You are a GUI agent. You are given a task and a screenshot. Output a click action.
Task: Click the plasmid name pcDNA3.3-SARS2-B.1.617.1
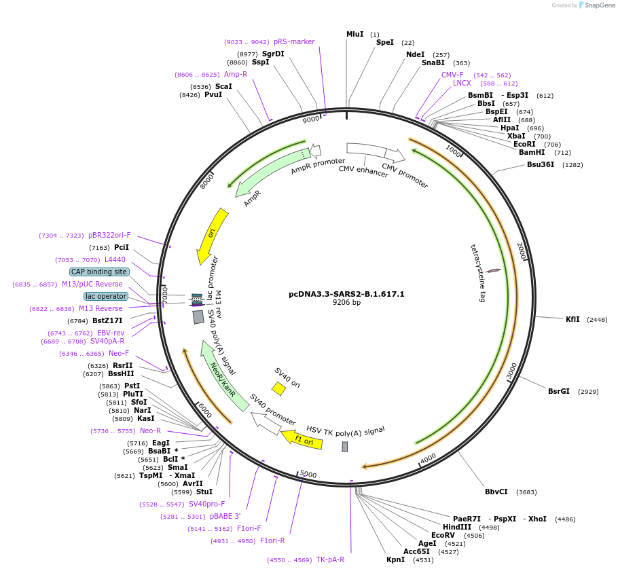346,294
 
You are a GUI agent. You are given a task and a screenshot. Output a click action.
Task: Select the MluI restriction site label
355,34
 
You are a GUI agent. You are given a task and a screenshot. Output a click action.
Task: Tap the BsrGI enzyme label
559,391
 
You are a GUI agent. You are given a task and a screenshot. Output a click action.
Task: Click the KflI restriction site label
572,319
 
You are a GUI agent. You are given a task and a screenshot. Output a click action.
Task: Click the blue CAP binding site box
99,272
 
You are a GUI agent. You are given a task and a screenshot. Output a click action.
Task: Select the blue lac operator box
106,296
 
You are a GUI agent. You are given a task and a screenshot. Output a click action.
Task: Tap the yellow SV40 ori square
278,388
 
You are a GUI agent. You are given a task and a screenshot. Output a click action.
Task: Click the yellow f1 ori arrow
302,440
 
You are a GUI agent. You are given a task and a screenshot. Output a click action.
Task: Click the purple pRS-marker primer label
294,41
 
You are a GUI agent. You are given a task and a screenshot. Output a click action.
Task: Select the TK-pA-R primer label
330,559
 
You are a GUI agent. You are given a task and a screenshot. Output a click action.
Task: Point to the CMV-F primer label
452,75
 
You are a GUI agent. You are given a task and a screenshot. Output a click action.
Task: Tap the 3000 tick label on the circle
512,371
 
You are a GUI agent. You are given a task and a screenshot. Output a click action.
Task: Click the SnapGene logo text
598,5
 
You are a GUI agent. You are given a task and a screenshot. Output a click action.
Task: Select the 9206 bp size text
346,303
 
